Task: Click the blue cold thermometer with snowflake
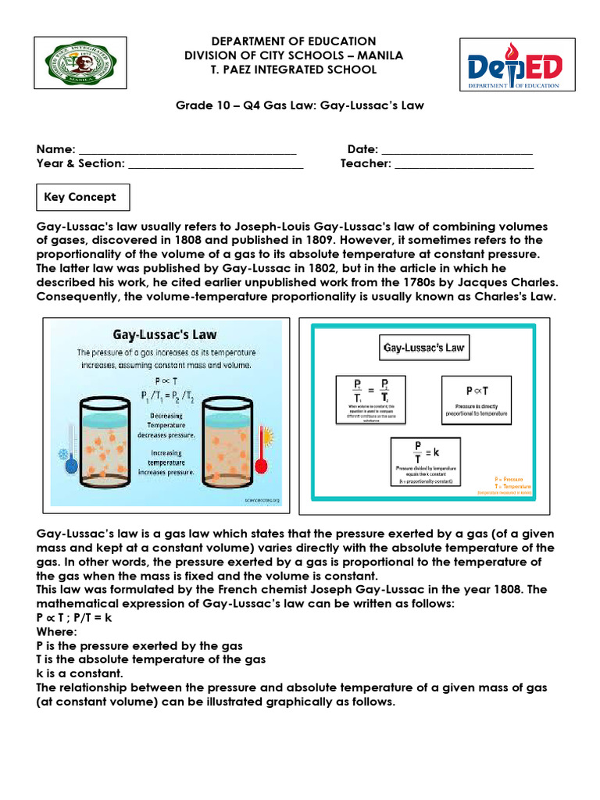69,460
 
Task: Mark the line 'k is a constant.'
80,673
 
